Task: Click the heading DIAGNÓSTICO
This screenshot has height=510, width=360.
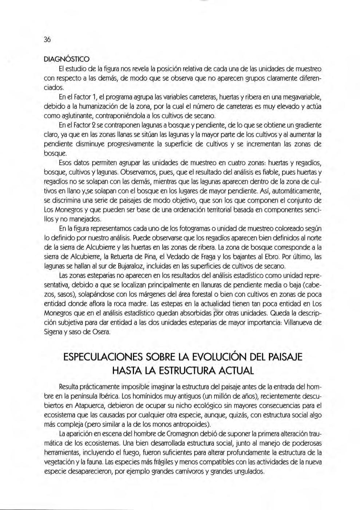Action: [x=67, y=59]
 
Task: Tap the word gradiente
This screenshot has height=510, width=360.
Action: [x=305, y=125]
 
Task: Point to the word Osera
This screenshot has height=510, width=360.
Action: [x=100, y=332]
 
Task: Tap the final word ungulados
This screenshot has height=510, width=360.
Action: [x=248, y=471]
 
